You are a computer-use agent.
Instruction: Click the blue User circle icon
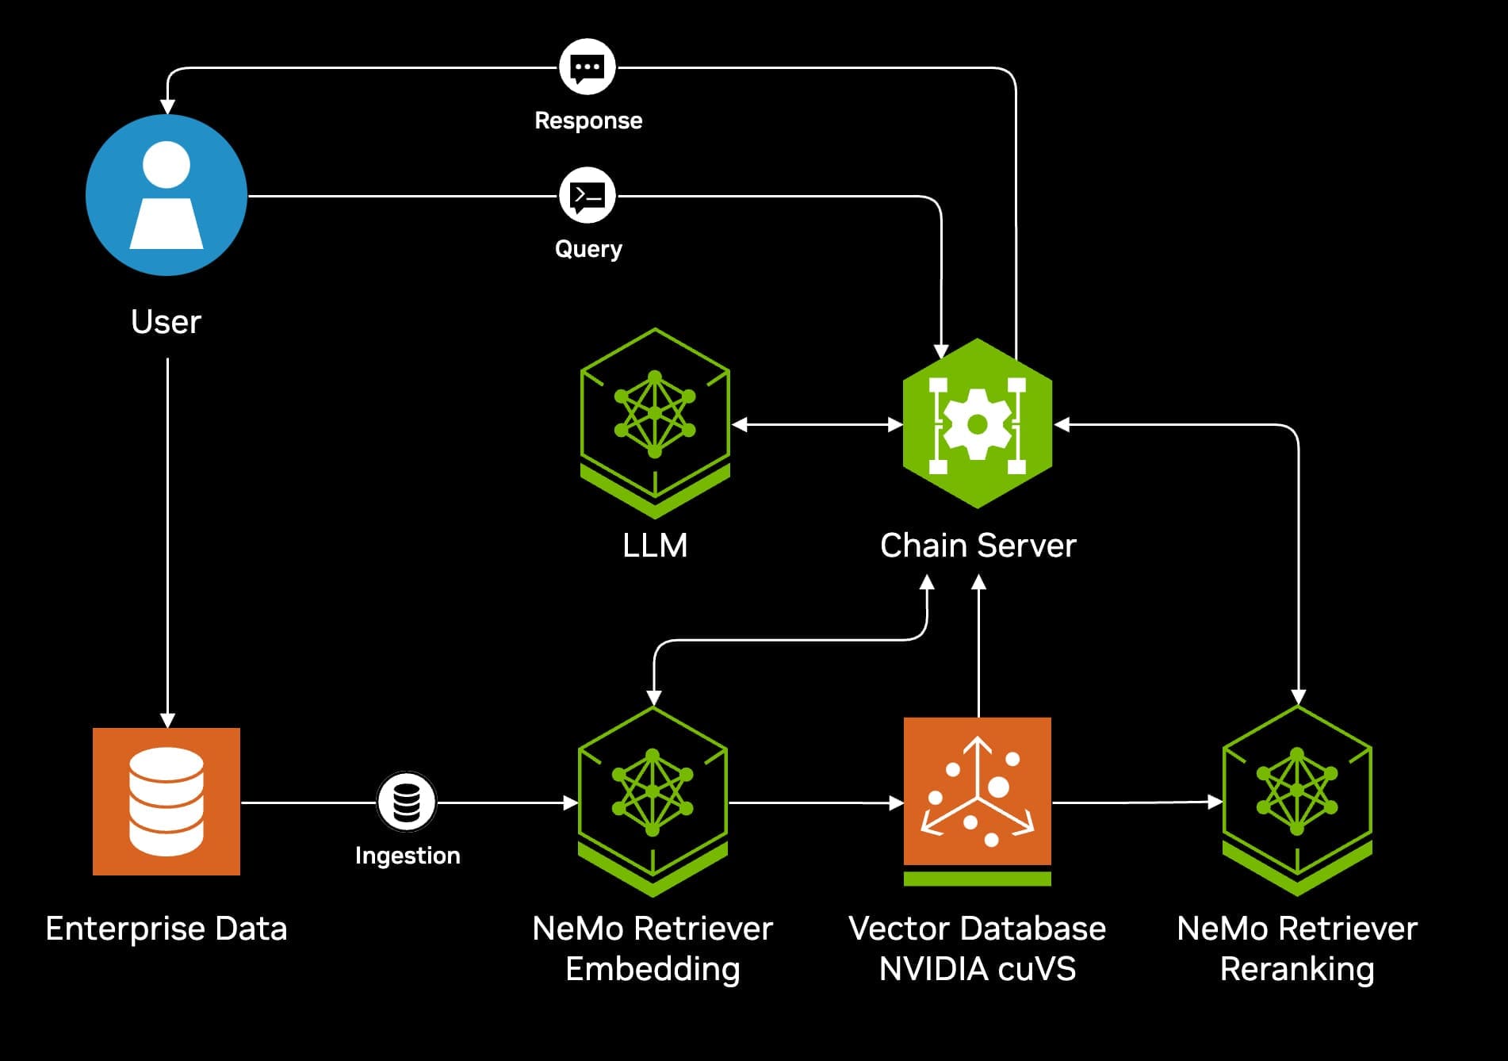tap(166, 195)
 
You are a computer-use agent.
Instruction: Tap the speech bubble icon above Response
tap(588, 67)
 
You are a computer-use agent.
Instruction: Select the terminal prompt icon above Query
tap(588, 196)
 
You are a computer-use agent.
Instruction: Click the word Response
tap(588, 121)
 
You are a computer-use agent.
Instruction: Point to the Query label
tap(588, 249)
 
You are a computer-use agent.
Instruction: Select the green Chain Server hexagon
tap(978, 423)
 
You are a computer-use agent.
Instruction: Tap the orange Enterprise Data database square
tap(166, 801)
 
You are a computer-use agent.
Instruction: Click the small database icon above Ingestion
tap(407, 802)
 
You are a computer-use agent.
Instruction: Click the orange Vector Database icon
tap(978, 793)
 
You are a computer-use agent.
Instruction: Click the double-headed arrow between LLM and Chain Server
tap(817, 425)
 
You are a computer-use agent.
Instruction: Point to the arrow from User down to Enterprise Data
tap(167, 539)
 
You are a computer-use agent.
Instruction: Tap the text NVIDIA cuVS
tap(977, 969)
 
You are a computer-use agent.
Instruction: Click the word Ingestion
tap(408, 856)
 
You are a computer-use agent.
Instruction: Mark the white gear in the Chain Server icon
tap(978, 423)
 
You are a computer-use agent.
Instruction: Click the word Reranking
tap(1297, 969)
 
